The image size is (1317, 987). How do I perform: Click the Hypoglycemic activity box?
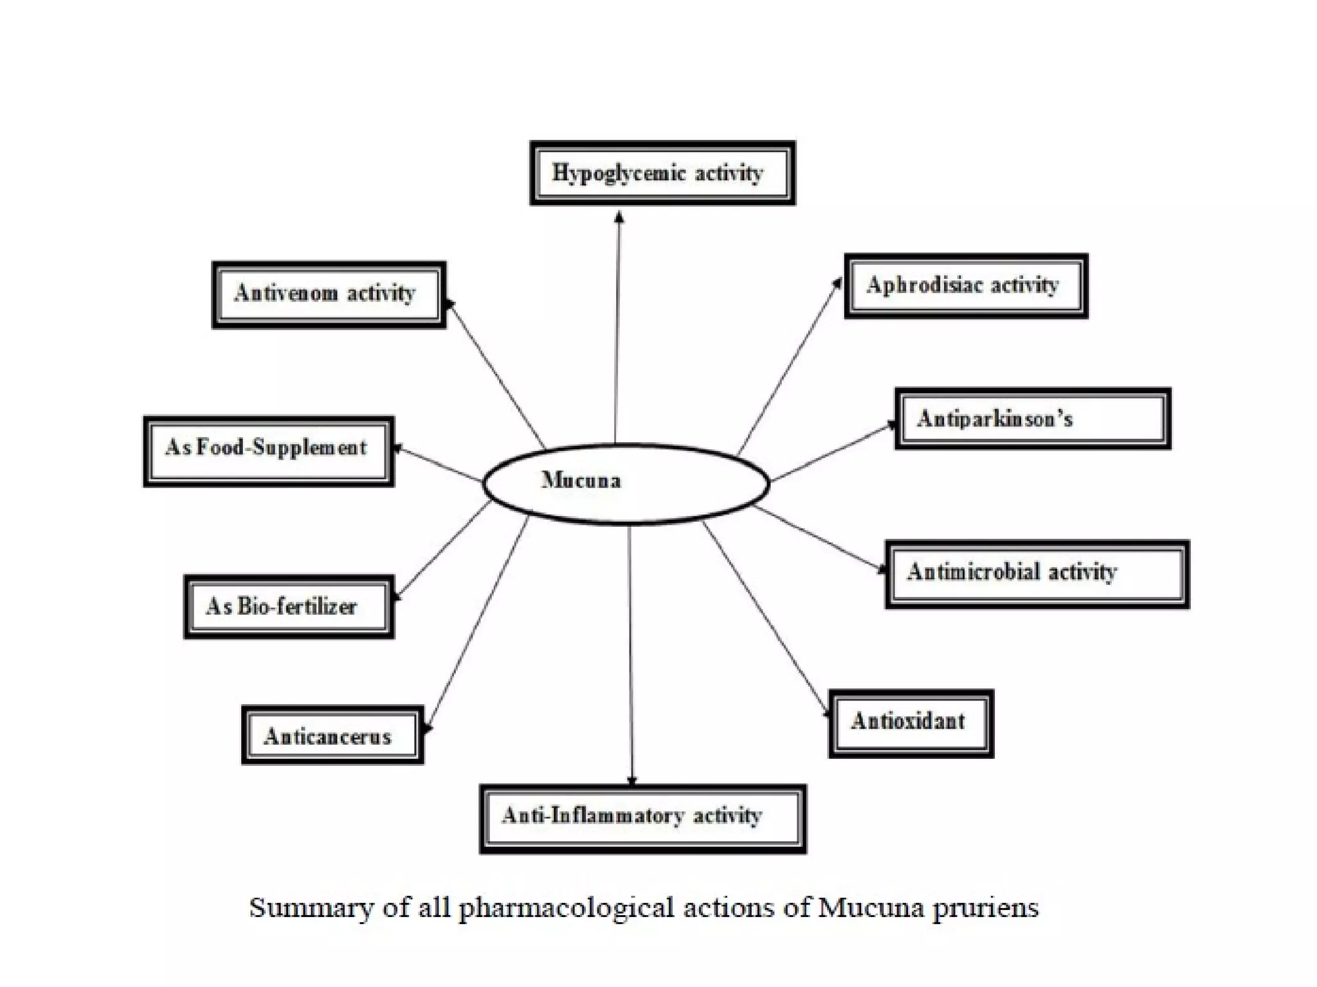pyautogui.click(x=662, y=173)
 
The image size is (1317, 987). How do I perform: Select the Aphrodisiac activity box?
pyautogui.click(x=966, y=286)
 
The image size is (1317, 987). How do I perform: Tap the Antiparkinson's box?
pyautogui.click(x=1033, y=419)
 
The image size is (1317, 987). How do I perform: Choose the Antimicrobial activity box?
pyautogui.click(x=1037, y=574)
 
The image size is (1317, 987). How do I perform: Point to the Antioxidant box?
pyautogui.click(x=911, y=724)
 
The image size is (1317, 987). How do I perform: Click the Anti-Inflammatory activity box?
pyautogui.click(x=643, y=819)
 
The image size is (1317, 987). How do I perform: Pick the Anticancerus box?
pyautogui.click(x=332, y=735)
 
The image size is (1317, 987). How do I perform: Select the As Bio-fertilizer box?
pyautogui.click(x=289, y=607)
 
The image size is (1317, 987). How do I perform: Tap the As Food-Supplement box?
pyautogui.click(x=269, y=451)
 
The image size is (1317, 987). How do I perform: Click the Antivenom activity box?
pyautogui.click(x=329, y=295)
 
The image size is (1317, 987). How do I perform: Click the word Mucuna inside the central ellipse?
pyautogui.click(x=581, y=480)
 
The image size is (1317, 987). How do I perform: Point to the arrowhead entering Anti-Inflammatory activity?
pyautogui.click(x=632, y=780)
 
